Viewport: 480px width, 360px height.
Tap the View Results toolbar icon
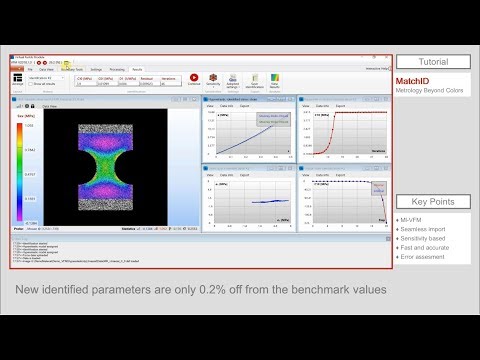coord(274,79)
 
